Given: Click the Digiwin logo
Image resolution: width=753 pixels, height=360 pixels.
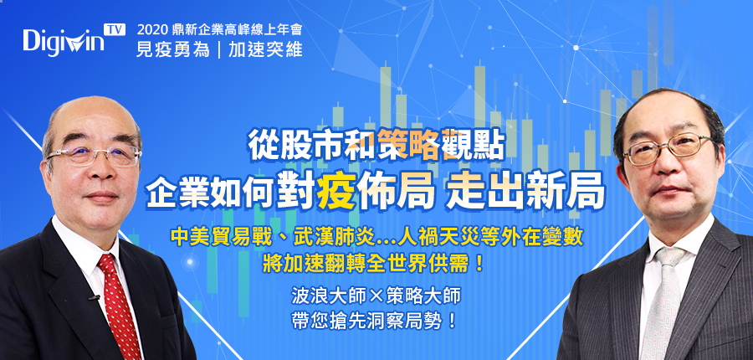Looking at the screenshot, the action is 64,41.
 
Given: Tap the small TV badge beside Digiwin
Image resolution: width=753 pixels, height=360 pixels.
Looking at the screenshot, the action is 115,30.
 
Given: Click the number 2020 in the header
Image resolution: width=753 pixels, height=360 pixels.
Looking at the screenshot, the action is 151,30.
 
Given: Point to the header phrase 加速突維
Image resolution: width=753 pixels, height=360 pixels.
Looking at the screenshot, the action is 265,49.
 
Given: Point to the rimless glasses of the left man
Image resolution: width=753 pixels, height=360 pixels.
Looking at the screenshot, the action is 94,156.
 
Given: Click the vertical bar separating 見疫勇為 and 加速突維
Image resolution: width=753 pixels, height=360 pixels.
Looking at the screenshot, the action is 219,49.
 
